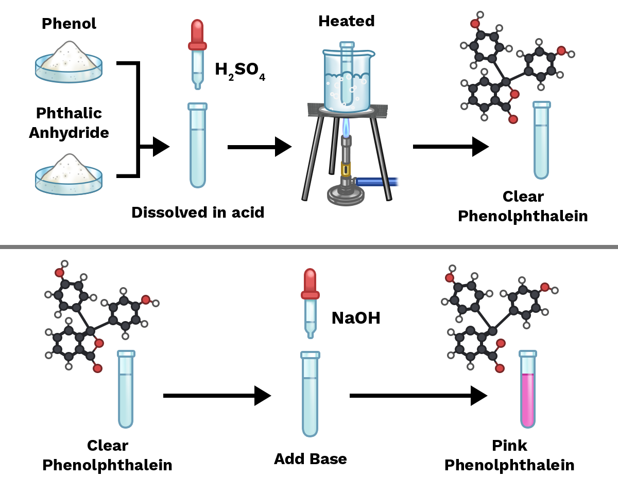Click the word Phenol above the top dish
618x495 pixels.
click(69, 24)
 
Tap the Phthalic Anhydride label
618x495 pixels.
click(69, 123)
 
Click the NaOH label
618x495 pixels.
click(356, 318)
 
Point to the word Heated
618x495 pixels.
click(346, 21)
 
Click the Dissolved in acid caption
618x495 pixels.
click(198, 213)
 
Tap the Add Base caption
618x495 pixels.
click(311, 459)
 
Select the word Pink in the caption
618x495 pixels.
click(509, 446)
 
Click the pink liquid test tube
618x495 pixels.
click(528, 389)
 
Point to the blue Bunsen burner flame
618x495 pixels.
click(346, 128)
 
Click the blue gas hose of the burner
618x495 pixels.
click(377, 182)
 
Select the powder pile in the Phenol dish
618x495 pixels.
click(68, 56)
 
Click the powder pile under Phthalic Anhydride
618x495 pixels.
click(68, 168)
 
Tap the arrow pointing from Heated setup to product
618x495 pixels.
click(451, 147)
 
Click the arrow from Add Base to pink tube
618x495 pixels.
click(418, 396)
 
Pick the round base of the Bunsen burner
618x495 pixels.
click(346, 196)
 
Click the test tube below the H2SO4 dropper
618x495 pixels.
click(198, 145)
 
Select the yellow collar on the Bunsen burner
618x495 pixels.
click(346, 169)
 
